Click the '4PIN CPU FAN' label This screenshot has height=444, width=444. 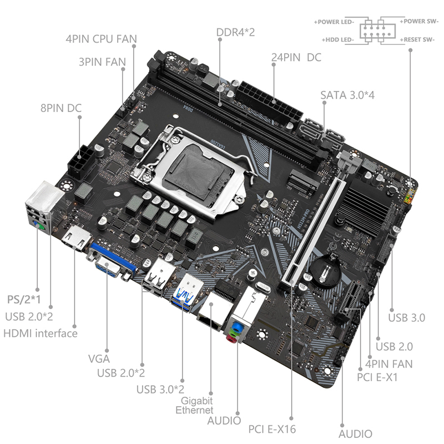pyautogui.click(x=101, y=39)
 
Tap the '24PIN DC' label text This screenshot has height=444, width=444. pyautogui.click(x=296, y=58)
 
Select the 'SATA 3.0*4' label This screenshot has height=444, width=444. pyautogui.click(x=347, y=95)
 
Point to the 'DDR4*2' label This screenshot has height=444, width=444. pyautogui.click(x=235, y=32)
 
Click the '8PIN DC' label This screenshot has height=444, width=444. pyautogui.click(x=61, y=108)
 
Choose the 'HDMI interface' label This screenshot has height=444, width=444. pyautogui.click(x=40, y=334)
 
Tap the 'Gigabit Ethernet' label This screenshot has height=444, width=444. pyautogui.click(x=195, y=405)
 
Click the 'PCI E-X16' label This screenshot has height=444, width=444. pyautogui.click(x=272, y=429)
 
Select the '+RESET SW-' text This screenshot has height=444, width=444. pyautogui.click(x=417, y=39)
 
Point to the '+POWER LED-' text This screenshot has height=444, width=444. pyautogui.click(x=334, y=22)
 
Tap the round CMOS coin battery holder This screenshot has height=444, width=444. pyautogui.click(x=326, y=269)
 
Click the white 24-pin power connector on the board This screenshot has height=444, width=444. pyautogui.click(x=268, y=103)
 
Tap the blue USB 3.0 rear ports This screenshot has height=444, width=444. pyautogui.click(x=187, y=292)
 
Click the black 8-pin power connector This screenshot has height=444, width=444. pyautogui.click(x=80, y=163)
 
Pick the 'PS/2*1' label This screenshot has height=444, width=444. pyautogui.click(x=24, y=300)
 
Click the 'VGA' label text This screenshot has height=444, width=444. pyautogui.click(x=99, y=359)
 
